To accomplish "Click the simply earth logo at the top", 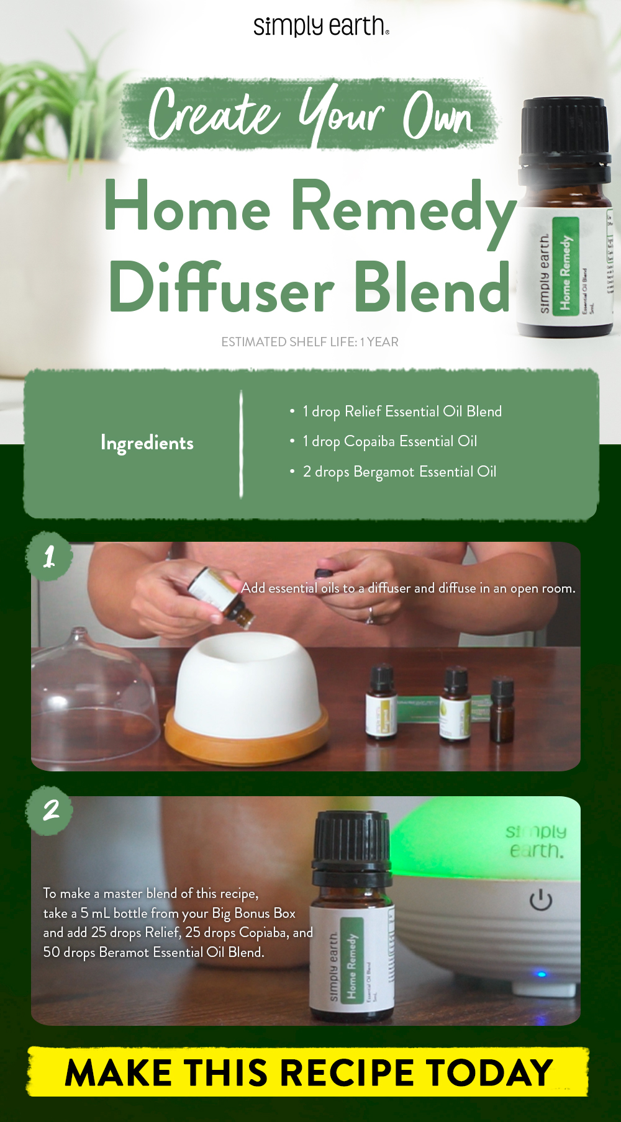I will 320,26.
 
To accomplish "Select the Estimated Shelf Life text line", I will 310,342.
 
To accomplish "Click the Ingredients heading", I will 147,443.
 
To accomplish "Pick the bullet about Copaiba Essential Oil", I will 389,441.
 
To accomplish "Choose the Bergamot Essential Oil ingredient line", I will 399,472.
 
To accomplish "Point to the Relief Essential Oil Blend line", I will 402,411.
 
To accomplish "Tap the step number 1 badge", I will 49,556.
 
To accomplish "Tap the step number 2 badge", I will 50,810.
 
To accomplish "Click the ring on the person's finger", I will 371,614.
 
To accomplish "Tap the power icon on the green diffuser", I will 541,900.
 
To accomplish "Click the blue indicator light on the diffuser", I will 541,974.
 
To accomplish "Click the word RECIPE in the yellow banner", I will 350,1072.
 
